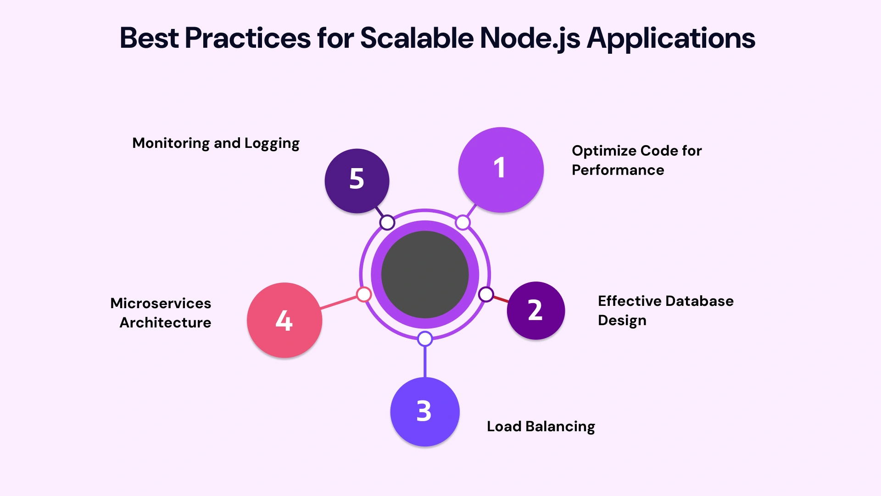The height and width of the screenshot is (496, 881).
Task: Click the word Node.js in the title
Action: pos(530,39)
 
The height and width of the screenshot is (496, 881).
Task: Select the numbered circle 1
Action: pos(501,169)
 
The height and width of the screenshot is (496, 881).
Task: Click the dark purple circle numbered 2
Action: pos(535,310)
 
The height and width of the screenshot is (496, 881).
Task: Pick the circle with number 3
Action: pos(424,411)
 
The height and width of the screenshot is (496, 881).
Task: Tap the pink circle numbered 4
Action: pos(284,320)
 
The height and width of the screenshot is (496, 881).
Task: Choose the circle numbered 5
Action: pos(357,180)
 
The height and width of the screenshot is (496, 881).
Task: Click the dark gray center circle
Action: pos(425,275)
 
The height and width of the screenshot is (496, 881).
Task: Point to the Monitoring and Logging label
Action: pos(216,143)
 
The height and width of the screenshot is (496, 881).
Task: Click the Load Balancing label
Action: pos(541,427)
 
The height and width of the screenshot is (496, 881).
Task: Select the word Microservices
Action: pos(161,303)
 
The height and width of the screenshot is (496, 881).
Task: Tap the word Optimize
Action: pos(603,151)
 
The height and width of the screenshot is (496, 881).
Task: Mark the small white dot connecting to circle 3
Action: pos(425,339)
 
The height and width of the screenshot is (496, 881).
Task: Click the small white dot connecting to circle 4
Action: pos(364,294)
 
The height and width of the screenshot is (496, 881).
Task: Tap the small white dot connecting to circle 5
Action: pos(387,223)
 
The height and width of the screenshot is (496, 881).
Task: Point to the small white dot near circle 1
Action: pos(463,223)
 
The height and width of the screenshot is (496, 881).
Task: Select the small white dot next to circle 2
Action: pos(486,294)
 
